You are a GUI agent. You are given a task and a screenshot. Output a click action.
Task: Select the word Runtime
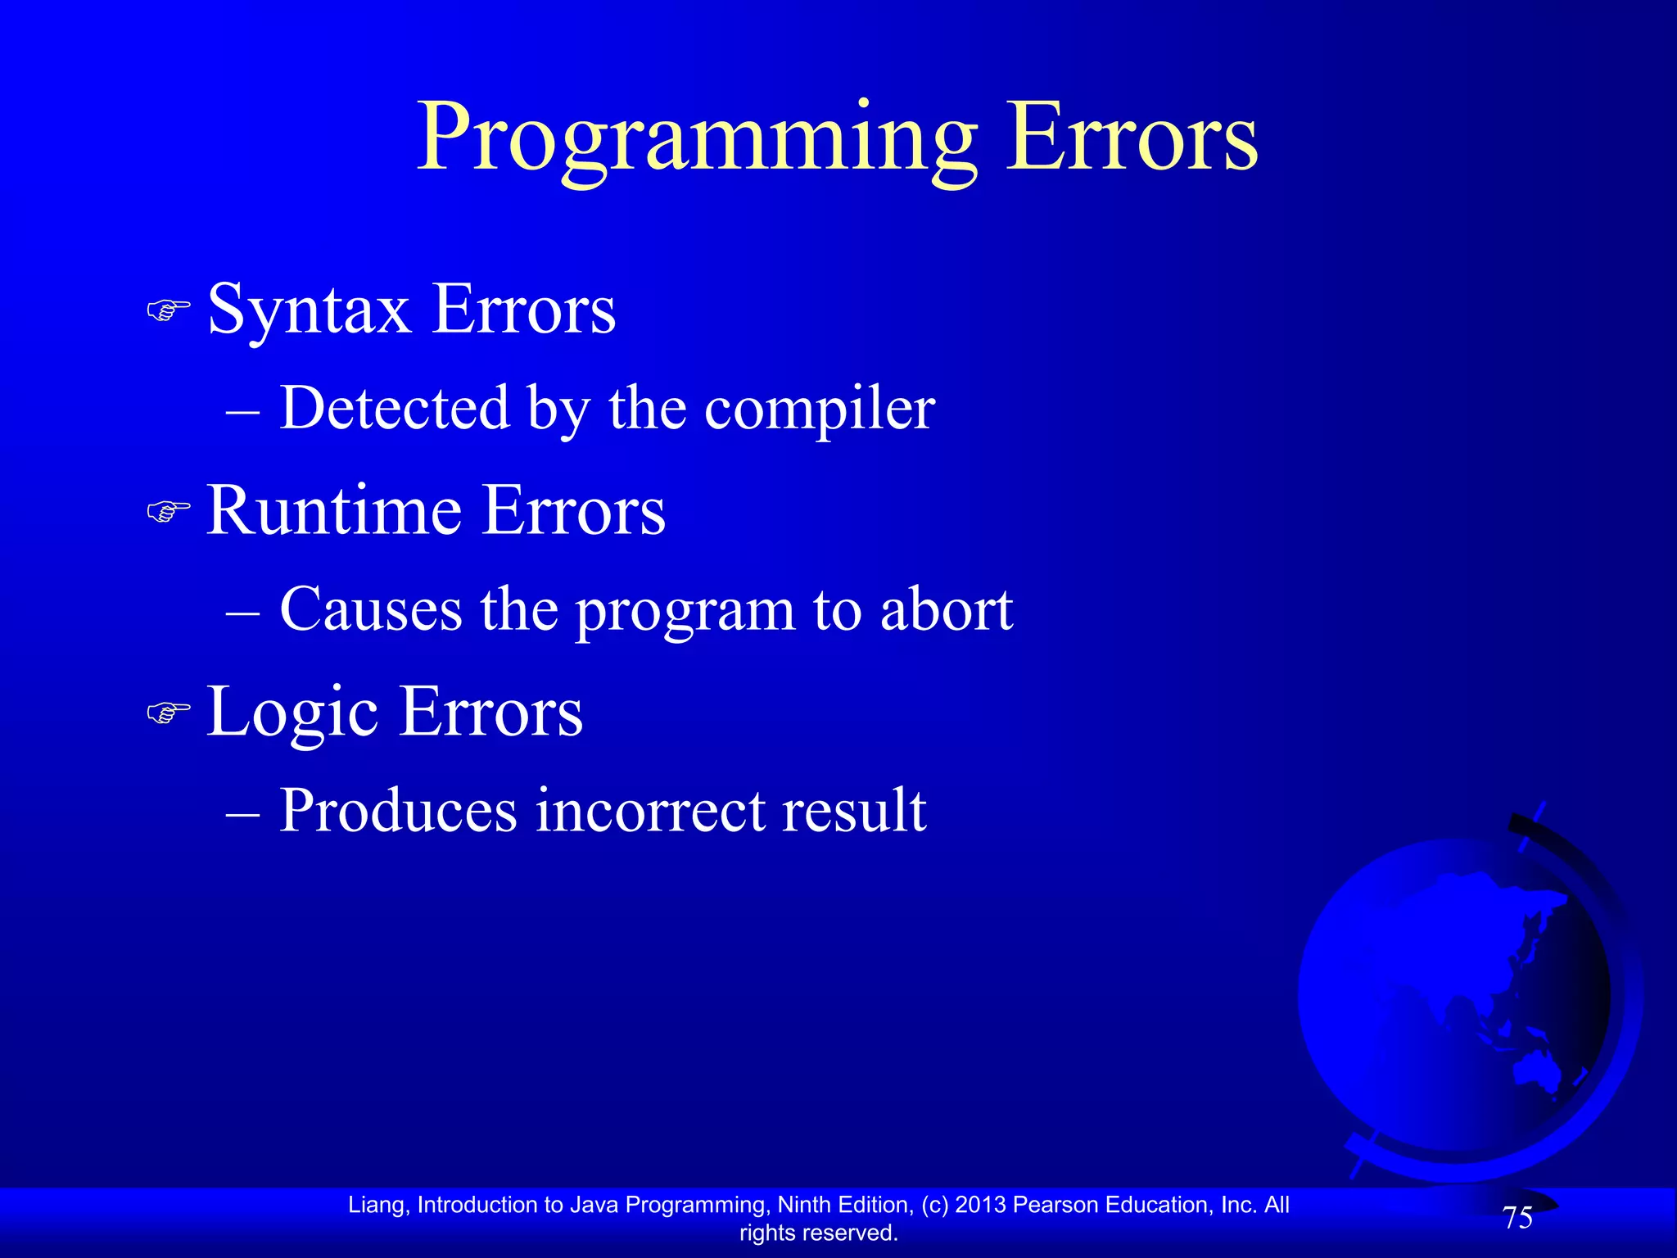pyautogui.click(x=334, y=512)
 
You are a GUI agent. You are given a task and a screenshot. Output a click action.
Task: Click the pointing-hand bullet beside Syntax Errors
pyautogui.click(x=168, y=310)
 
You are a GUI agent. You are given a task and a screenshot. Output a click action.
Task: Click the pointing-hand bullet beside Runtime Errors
pyautogui.click(x=168, y=512)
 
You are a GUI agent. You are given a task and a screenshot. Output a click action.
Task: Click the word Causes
pyautogui.click(x=370, y=610)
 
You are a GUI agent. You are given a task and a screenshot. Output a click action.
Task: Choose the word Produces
pyautogui.click(x=398, y=811)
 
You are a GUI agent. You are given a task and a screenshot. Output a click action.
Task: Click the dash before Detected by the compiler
pyautogui.click(x=242, y=410)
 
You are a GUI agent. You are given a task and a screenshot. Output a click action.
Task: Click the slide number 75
pyautogui.click(x=1517, y=1218)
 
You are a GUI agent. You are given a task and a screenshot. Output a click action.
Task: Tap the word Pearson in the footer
pyautogui.click(x=1055, y=1205)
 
